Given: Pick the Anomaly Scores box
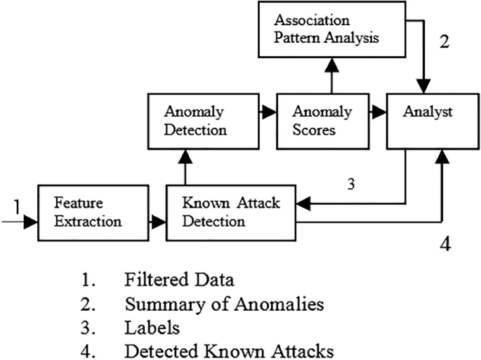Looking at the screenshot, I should (316, 121).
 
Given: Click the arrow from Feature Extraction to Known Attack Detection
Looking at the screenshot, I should (158, 222).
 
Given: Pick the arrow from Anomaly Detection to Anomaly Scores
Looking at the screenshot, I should (268, 111).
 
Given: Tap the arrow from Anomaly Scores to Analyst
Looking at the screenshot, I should (377, 111).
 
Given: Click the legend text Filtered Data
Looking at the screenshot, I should (179, 279).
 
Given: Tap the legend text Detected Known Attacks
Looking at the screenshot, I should (228, 350).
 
